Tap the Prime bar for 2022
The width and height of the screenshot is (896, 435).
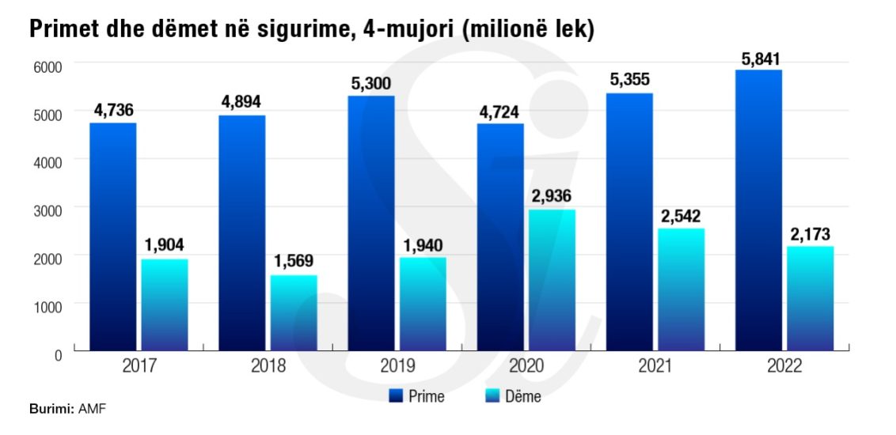click(x=758, y=210)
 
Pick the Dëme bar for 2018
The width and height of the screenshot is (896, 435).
click(x=294, y=312)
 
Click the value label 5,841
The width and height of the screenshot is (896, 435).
click(x=758, y=59)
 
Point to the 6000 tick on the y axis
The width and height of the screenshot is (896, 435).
click(x=47, y=66)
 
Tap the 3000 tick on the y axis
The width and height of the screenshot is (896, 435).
click(x=47, y=210)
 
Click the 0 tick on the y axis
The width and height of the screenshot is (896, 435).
click(x=58, y=355)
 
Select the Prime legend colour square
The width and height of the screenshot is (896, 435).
click(x=397, y=395)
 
